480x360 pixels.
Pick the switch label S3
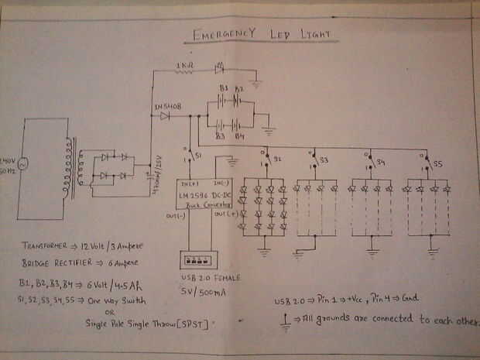pyautogui.click(x=324, y=160)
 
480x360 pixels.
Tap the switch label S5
pyautogui.click(x=437, y=164)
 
